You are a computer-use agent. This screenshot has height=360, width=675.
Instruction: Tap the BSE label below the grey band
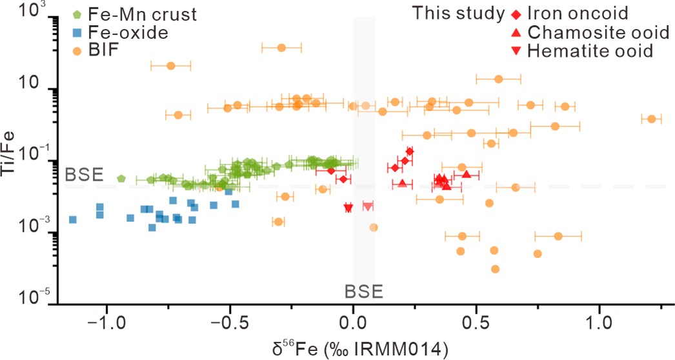point(364,291)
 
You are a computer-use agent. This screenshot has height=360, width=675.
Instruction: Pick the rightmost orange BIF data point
point(651,119)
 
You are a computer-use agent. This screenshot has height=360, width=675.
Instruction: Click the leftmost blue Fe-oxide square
point(73,219)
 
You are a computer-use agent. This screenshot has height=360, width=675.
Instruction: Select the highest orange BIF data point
point(281,48)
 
